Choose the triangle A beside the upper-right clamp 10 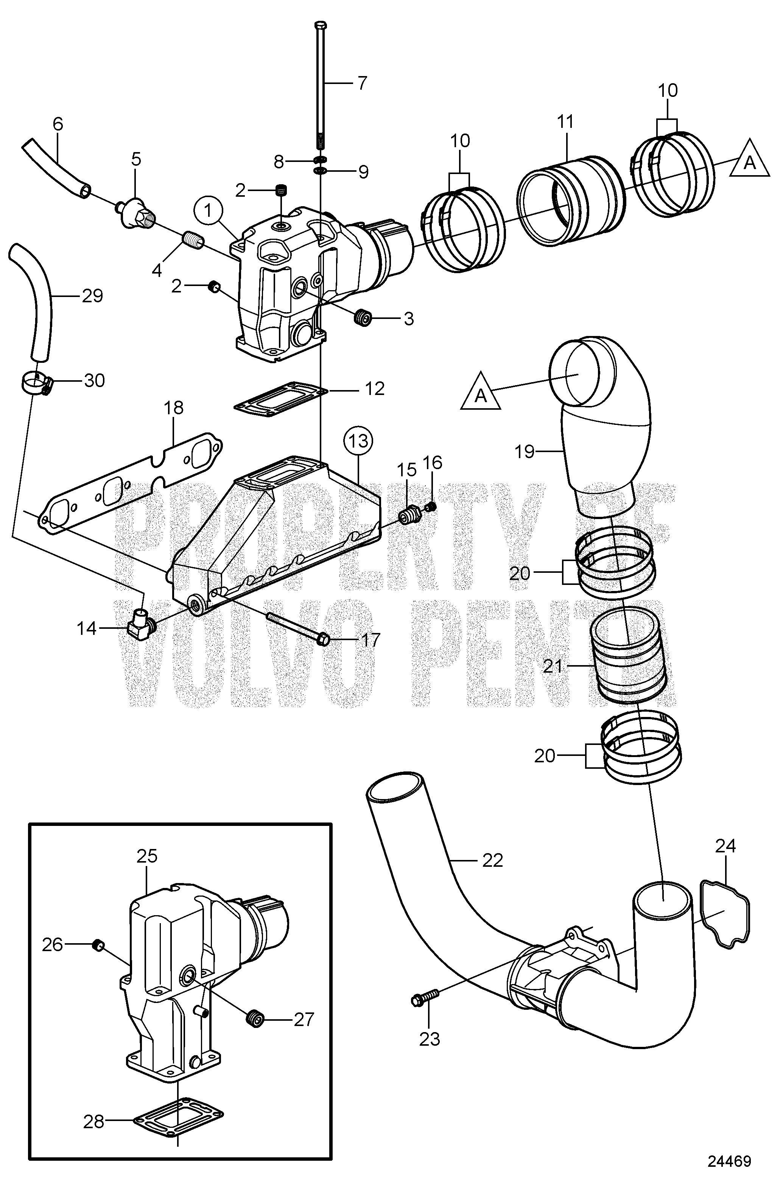[749, 163]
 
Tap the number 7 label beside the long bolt [362, 82]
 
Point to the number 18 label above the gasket [174, 408]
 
